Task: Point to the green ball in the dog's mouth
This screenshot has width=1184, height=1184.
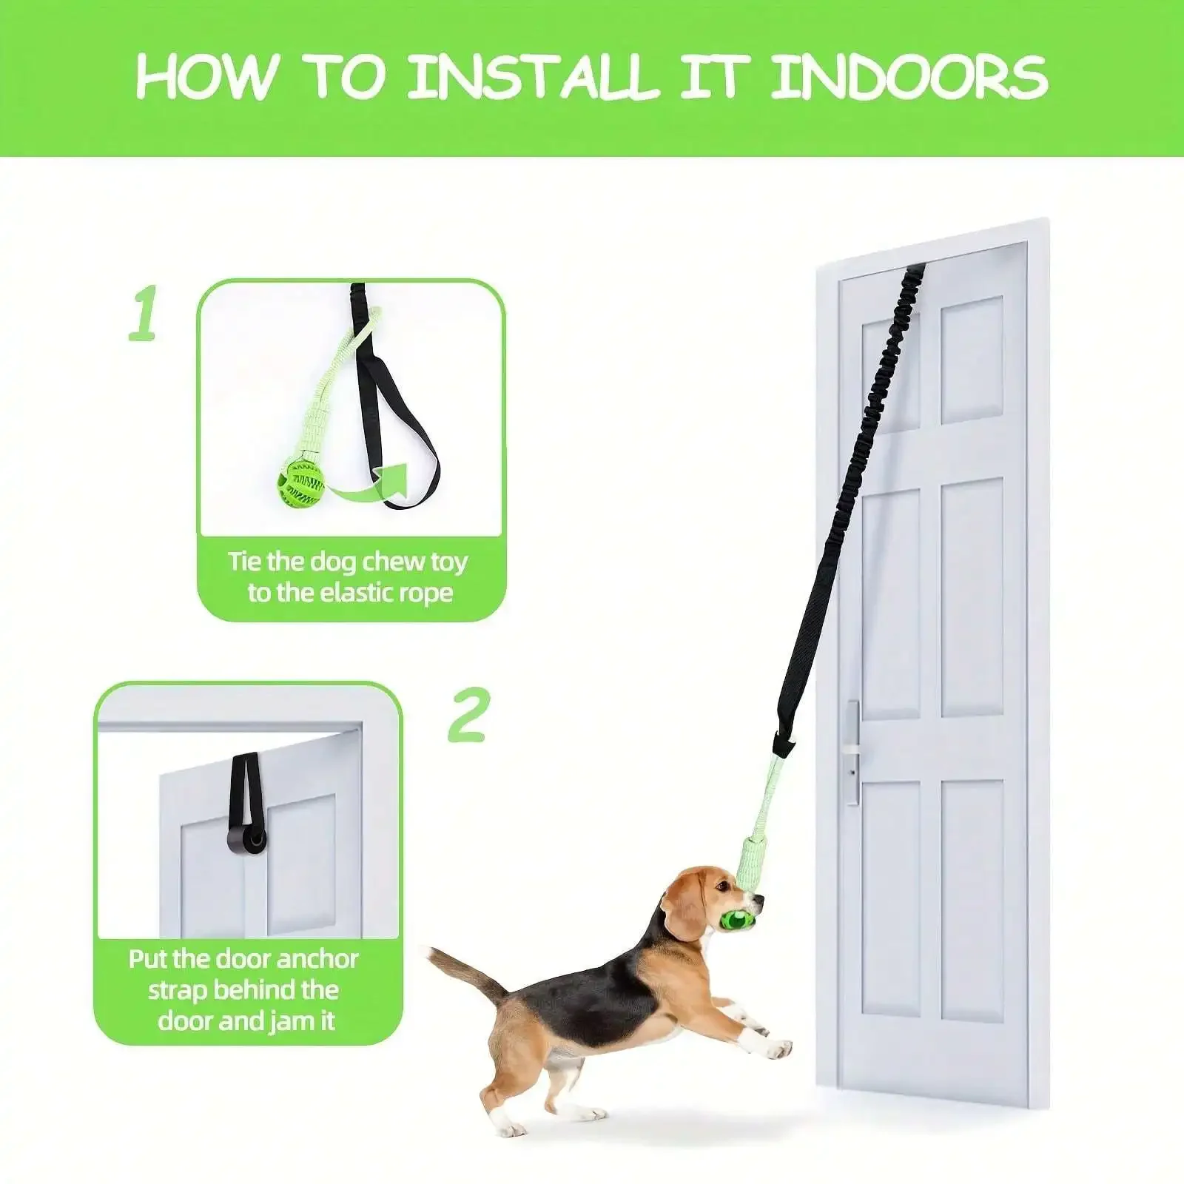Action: point(733,920)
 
